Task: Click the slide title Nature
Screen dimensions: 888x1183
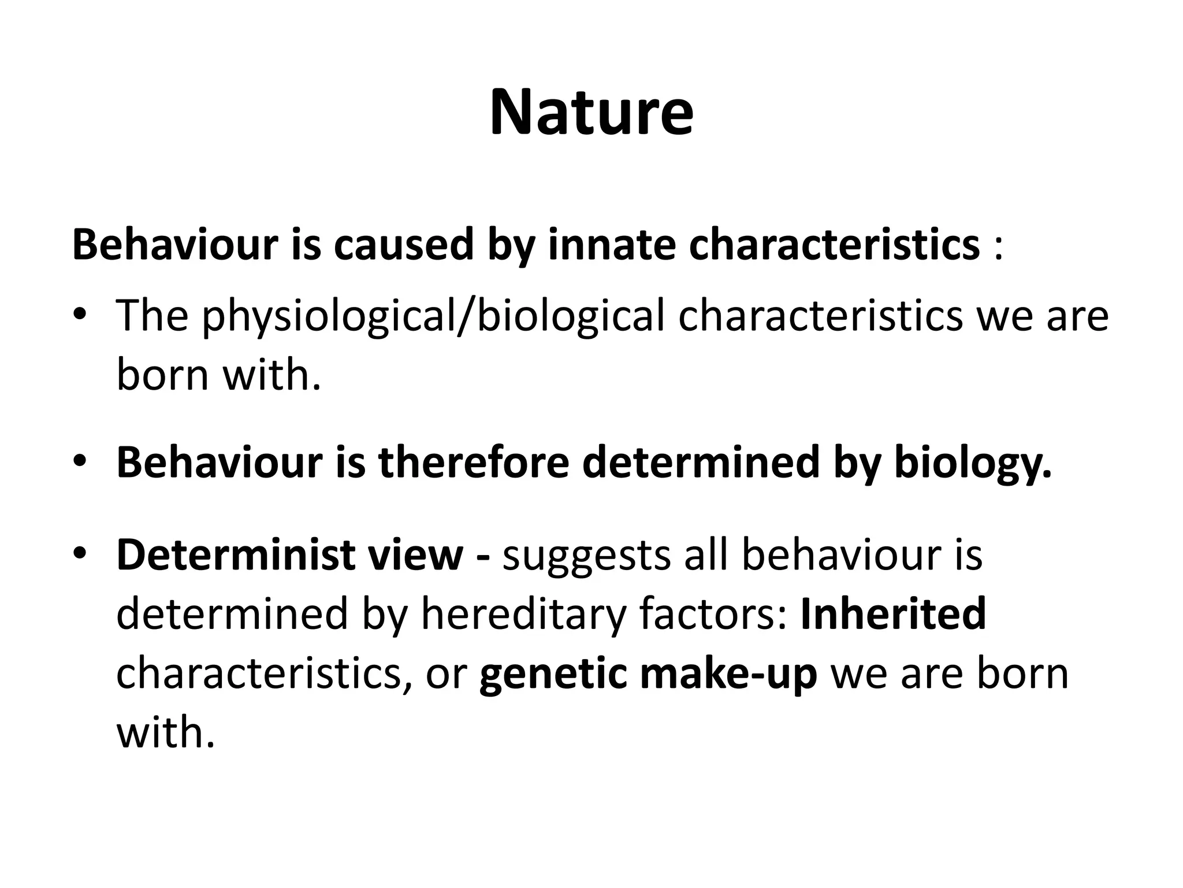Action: [x=591, y=112]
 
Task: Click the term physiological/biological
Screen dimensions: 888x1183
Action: [x=433, y=317]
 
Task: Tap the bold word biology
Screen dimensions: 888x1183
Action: [x=973, y=463]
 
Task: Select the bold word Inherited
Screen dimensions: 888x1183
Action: [x=893, y=613]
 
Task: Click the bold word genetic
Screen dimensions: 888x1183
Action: [x=553, y=674]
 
